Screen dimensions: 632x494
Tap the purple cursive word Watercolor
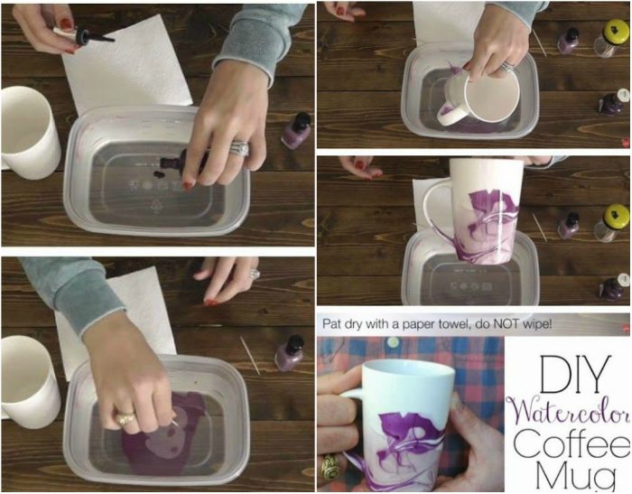click(568, 414)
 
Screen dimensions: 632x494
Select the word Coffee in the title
click(572, 443)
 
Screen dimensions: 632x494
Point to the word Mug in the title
click(575, 476)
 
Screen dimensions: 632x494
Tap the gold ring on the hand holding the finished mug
click(331, 466)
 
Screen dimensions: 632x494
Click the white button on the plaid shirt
click(393, 342)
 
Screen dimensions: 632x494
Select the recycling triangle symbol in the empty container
click(155, 206)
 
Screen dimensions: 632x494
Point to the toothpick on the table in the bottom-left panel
click(250, 355)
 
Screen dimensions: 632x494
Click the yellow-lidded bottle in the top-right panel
click(610, 38)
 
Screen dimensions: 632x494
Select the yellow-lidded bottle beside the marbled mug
click(611, 223)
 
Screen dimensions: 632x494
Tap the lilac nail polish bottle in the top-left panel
click(296, 130)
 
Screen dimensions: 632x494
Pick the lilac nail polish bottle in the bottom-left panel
click(290, 353)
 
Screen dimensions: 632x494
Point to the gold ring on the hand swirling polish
click(125, 419)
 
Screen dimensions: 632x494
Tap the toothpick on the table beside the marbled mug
click(540, 227)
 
